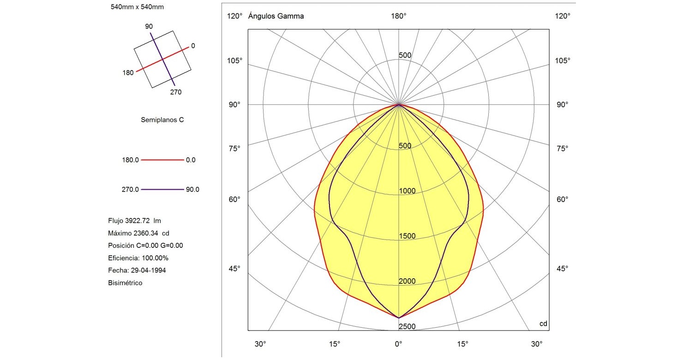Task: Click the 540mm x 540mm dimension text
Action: tap(138, 7)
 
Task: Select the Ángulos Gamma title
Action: tap(276, 16)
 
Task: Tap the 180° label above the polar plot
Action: tap(399, 16)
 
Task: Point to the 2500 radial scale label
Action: tap(407, 327)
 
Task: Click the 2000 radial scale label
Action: tap(407, 282)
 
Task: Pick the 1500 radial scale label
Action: tap(407, 236)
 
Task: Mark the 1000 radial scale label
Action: tap(407, 191)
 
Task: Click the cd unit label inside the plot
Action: tap(543, 324)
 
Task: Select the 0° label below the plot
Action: tap(399, 344)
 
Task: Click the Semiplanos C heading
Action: tap(162, 120)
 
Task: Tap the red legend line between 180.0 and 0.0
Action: tap(162, 160)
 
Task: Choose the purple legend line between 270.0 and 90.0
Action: tap(162, 189)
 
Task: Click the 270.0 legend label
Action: tap(130, 189)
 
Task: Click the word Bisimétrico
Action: tap(125, 283)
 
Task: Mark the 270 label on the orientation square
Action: tap(176, 92)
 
